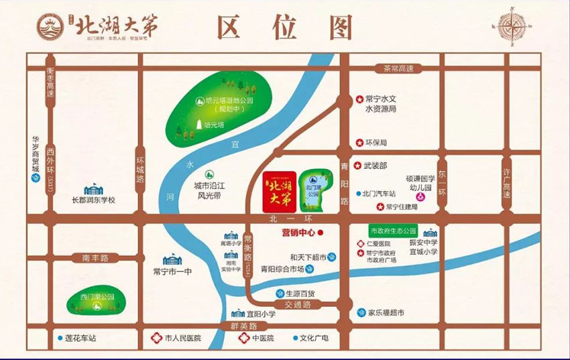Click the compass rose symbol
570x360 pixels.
click(512, 27)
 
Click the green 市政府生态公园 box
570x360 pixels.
click(394, 230)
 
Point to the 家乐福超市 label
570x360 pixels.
click(387, 312)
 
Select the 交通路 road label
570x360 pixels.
click(299, 304)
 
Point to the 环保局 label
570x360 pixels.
click(376, 143)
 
